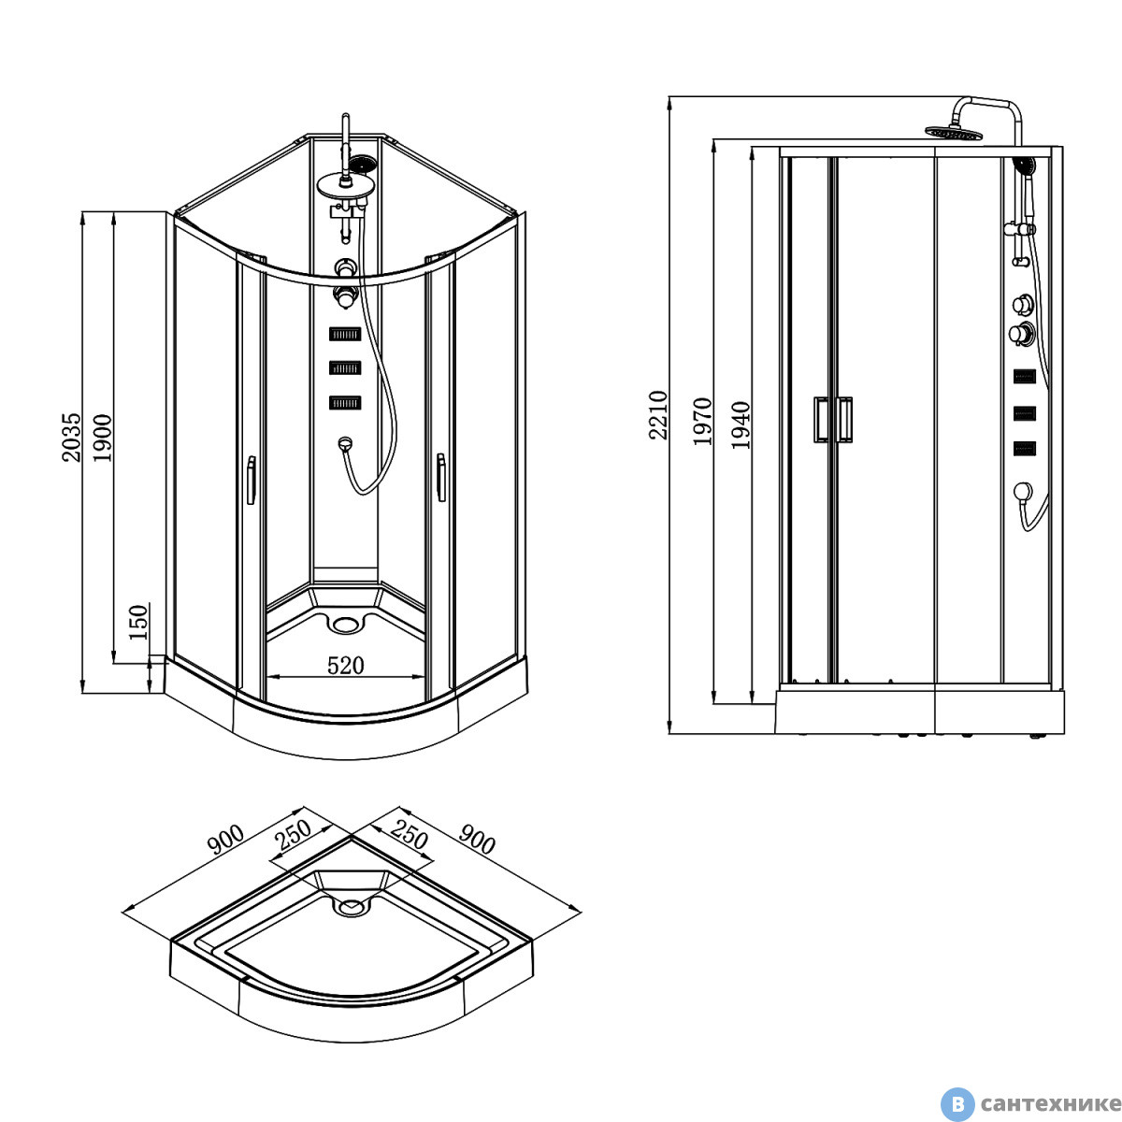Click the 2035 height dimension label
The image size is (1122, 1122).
pyautogui.click(x=72, y=438)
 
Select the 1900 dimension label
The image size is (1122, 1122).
pyautogui.click(x=102, y=438)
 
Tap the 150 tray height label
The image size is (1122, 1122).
pyautogui.click(x=138, y=623)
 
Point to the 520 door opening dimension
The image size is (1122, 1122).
pyautogui.click(x=345, y=666)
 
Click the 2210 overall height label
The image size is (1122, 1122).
pyautogui.click(x=658, y=415)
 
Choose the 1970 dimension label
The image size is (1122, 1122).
pyautogui.click(x=702, y=422)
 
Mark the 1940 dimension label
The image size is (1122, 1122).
pyautogui.click(x=741, y=425)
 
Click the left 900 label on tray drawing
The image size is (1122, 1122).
pyautogui.click(x=226, y=839)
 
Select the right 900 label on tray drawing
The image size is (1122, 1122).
pyautogui.click(x=477, y=839)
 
